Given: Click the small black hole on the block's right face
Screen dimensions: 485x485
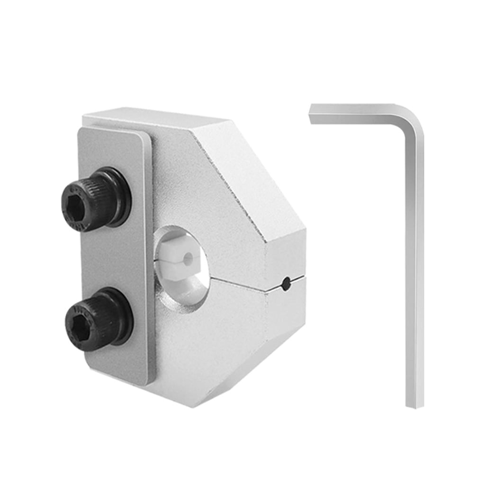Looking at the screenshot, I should tap(285, 284).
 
